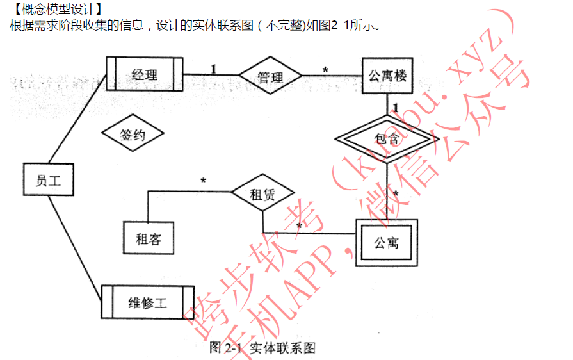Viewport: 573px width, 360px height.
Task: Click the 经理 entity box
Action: point(145,75)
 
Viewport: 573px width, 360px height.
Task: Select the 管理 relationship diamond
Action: point(270,77)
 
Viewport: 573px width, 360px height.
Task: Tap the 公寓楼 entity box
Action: point(387,76)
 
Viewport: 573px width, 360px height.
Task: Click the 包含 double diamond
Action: point(387,138)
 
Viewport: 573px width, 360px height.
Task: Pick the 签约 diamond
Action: point(133,135)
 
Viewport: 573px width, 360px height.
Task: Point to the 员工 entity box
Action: point(48,180)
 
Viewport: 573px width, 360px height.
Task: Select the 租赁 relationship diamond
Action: point(262,194)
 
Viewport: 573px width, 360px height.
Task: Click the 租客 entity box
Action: point(149,238)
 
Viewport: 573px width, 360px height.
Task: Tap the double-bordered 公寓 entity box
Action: point(387,242)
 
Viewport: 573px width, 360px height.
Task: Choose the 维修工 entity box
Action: point(147,302)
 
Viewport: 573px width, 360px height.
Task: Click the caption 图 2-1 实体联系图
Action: point(262,348)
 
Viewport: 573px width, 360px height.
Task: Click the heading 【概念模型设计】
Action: point(56,9)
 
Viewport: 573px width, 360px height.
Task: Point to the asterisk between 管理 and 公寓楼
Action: point(325,69)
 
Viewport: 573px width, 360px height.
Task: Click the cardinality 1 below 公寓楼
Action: point(396,107)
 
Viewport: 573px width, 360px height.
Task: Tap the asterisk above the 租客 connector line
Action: point(203,181)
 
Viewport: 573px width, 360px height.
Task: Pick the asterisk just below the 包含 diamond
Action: point(396,193)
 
